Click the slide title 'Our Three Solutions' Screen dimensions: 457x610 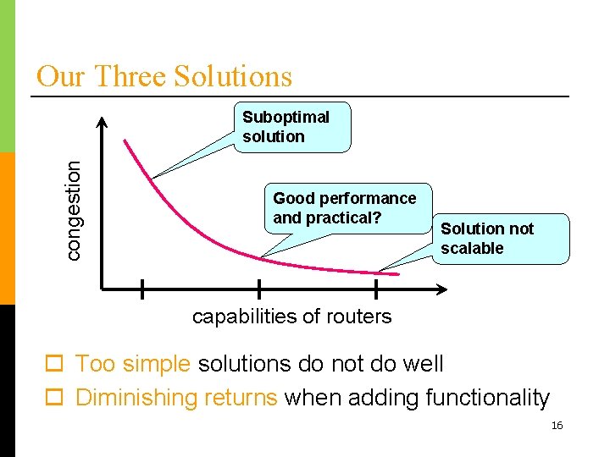pos(164,76)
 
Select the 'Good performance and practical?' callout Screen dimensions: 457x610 pos(347,208)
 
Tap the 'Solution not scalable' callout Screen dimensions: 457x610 pos(500,239)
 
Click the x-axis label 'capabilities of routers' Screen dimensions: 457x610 pos(291,317)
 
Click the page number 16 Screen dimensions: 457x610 pos(557,426)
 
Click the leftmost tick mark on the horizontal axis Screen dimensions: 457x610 pos(141,289)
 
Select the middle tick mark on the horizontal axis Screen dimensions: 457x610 pos(258,289)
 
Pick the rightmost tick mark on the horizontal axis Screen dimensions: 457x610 pos(375,289)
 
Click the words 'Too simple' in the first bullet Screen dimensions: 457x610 pos(132,364)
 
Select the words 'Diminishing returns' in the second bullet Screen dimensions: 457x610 pos(176,398)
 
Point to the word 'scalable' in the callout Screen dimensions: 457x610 pos(472,248)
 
